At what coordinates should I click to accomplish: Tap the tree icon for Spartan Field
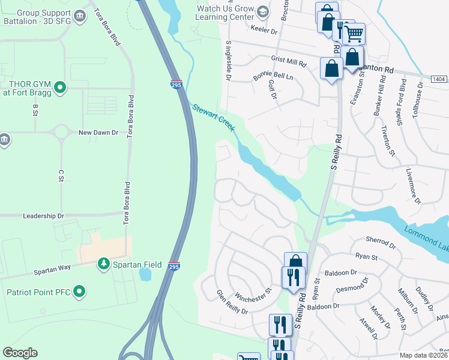tap(104, 263)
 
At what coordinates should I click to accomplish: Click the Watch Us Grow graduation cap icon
tap(262, 12)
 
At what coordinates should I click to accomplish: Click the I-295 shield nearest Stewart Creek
tap(176, 85)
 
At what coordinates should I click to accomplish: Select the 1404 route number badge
tap(439, 79)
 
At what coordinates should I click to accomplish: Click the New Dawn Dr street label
tap(98, 132)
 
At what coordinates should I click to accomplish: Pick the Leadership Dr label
tap(43, 215)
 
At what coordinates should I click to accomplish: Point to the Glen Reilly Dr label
tap(232, 302)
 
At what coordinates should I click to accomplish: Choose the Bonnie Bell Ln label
tap(273, 76)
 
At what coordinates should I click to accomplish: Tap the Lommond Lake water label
tap(426, 239)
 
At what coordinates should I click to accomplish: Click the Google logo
tap(20, 353)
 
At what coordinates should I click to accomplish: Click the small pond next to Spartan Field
tap(145, 274)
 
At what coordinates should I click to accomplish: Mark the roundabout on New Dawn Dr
tap(60, 131)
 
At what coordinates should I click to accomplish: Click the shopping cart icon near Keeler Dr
tap(354, 33)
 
